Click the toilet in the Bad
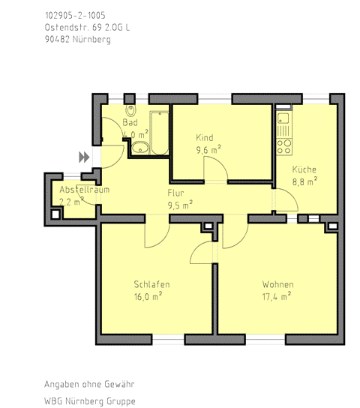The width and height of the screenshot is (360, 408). tap(130, 110)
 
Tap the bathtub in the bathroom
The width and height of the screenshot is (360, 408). tap(159, 133)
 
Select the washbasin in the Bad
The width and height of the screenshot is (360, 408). tap(140, 148)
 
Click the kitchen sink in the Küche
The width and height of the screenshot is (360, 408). tap(283, 118)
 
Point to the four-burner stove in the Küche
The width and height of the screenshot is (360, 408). tap(283, 147)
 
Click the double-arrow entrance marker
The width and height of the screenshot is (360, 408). tap(84, 157)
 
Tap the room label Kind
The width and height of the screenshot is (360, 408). tap(205, 137)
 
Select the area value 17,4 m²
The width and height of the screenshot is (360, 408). tap(277, 297)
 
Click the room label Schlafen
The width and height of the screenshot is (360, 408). tap(151, 284)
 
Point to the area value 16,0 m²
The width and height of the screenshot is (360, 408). tap(148, 297)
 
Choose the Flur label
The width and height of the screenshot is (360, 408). tap(175, 193)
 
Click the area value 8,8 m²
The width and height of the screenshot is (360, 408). tap(304, 181)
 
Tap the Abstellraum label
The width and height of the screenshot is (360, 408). tap(85, 190)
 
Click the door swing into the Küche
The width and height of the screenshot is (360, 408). tap(286, 199)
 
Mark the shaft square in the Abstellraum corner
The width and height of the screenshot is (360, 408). tap(55, 214)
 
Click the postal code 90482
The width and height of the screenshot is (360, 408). tap(57, 39)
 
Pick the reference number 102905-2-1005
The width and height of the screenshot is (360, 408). tap(75, 15)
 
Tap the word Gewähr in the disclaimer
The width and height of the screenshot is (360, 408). tap(119, 384)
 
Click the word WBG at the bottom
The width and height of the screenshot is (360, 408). tap(53, 401)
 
